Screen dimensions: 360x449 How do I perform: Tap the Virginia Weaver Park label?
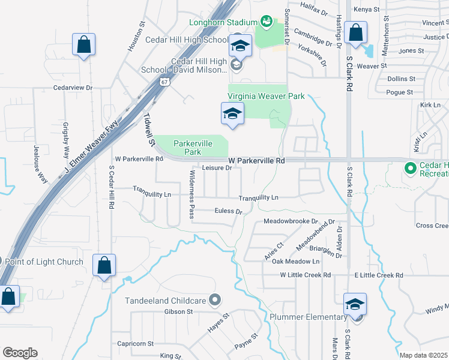point(266,96)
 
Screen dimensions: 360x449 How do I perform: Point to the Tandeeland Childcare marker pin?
point(216,300)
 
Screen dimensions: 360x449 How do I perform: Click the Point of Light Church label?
point(44,262)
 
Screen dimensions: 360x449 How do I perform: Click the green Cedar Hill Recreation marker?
point(411,168)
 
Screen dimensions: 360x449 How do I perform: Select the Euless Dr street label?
point(228,211)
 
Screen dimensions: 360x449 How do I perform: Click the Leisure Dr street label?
point(217,169)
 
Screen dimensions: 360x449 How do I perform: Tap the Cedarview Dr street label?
point(73,88)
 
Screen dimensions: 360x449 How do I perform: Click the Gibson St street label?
point(179,311)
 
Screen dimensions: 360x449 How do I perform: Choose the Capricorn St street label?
point(136,344)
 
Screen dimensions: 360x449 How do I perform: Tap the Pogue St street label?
point(400,92)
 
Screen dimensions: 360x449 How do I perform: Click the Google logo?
point(20,353)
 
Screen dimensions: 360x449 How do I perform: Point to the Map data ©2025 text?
point(423,355)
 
